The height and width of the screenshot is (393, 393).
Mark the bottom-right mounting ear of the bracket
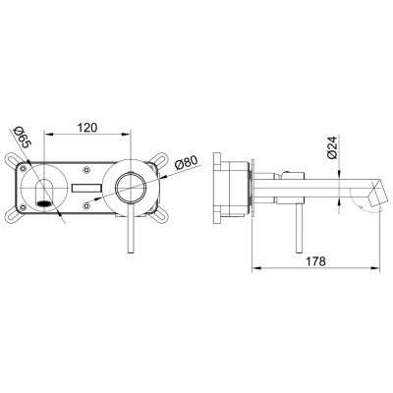tap(164, 210)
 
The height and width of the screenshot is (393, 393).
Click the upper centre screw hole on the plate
tap(89, 166)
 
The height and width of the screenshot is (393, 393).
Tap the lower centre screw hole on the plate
tap(89, 206)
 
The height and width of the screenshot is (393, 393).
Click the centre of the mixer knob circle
tap(130, 188)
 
